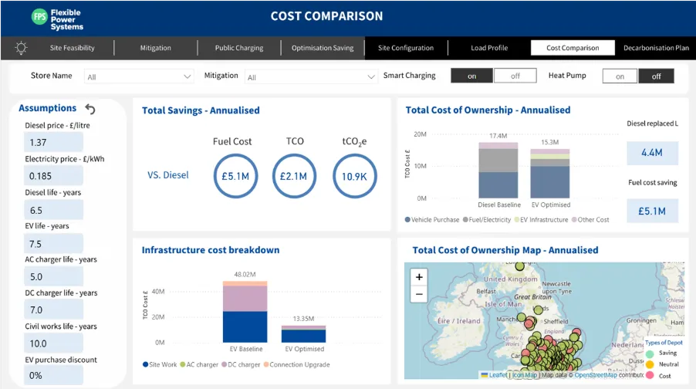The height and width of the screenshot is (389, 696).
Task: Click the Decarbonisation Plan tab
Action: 656,48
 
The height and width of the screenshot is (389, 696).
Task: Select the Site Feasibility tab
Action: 72,48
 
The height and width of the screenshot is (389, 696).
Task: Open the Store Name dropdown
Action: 140,76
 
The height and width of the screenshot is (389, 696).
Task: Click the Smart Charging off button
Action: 515,76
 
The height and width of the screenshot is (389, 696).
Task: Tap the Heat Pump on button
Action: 620,76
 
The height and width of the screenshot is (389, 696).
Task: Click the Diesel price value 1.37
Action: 53,143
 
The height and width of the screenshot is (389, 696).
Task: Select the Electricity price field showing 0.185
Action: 53,176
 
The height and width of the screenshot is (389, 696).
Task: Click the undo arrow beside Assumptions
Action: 90,109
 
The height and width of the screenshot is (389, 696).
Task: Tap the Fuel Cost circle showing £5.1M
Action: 232,176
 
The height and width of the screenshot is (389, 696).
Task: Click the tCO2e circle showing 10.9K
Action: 354,176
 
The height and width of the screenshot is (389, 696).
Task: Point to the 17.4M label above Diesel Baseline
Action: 498,136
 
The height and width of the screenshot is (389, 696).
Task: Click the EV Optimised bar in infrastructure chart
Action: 303,334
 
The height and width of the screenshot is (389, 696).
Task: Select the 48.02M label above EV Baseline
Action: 245,274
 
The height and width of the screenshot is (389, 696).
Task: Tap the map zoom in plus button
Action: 419,277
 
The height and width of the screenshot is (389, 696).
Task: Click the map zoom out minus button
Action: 419,294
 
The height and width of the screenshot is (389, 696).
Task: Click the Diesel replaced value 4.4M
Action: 652,153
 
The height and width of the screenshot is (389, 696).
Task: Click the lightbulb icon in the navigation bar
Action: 21,48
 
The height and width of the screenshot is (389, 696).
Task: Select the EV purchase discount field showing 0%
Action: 53,375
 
